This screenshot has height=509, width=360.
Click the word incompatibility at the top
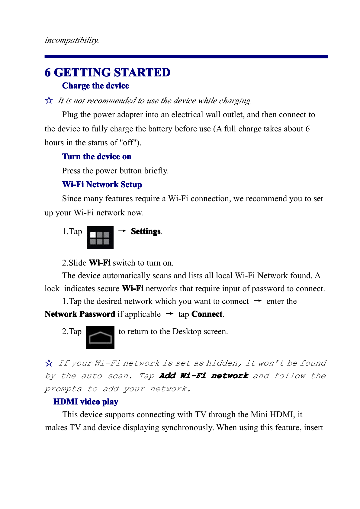[x=72, y=40]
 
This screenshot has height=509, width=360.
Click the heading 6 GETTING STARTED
[x=107, y=72]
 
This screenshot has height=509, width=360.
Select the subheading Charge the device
[x=95, y=86]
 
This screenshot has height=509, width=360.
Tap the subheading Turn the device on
[x=97, y=156]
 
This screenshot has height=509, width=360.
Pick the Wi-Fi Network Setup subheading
[x=102, y=185]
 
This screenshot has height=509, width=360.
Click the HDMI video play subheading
[x=86, y=402]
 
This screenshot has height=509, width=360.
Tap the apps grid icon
[x=100, y=238]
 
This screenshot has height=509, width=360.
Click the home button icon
[x=100, y=338]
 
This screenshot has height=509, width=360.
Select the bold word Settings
[x=146, y=231]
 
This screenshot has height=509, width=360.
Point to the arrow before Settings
[x=122, y=231]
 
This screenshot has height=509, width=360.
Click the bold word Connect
[x=207, y=314]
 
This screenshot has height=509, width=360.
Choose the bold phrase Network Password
[x=80, y=314]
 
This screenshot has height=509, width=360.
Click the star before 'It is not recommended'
[x=49, y=100]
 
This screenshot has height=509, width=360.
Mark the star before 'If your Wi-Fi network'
[x=49, y=363]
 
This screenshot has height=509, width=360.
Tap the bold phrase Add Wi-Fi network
[x=204, y=376]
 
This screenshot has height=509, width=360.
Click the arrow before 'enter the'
[x=258, y=301]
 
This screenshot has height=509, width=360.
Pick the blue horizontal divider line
[x=186, y=56]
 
